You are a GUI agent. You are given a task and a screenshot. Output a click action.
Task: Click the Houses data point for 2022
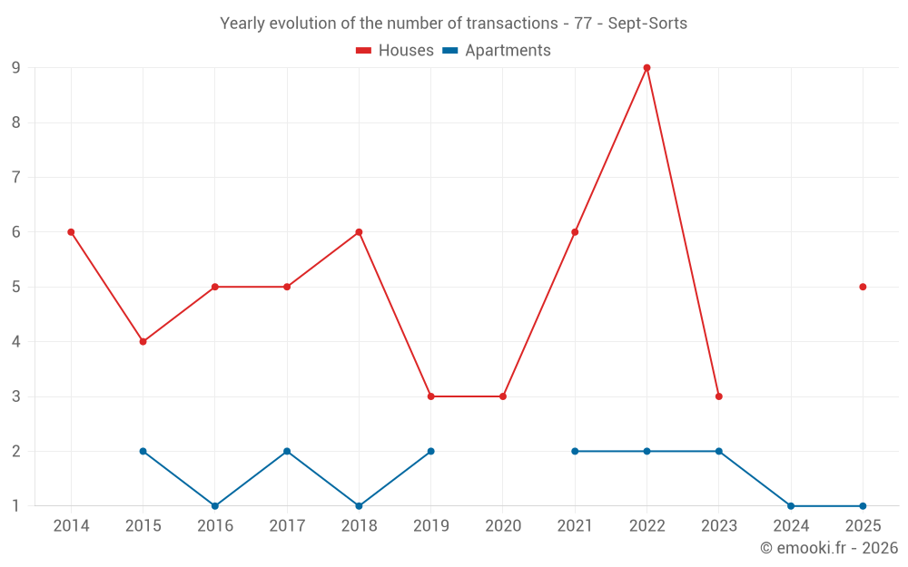(x=646, y=68)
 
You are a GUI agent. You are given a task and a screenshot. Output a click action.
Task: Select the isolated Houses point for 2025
(x=863, y=287)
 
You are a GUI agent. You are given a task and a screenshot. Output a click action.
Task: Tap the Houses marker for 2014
(x=71, y=232)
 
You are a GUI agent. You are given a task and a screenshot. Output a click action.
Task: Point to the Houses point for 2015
(x=143, y=342)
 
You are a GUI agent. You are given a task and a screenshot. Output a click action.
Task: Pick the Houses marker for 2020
(x=503, y=396)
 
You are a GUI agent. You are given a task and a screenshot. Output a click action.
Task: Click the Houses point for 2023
(x=719, y=396)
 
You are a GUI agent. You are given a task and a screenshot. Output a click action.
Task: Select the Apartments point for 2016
(x=215, y=506)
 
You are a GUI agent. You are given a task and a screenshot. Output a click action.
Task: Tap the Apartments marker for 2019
(x=431, y=451)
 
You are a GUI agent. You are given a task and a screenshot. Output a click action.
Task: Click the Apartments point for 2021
(x=575, y=451)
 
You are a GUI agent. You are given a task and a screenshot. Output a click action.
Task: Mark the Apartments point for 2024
(x=791, y=506)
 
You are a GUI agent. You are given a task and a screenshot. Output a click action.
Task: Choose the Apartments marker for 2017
(x=287, y=451)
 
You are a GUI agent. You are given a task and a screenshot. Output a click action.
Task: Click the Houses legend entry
(x=395, y=51)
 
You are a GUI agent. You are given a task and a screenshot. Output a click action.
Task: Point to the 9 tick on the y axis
(x=16, y=68)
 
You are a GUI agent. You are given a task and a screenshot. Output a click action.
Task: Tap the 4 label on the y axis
(x=16, y=342)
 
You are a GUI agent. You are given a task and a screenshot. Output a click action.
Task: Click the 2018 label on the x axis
(x=359, y=526)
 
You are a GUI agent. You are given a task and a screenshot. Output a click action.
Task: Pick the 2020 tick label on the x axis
(x=503, y=526)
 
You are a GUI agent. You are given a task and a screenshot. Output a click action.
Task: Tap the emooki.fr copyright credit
(x=829, y=548)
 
